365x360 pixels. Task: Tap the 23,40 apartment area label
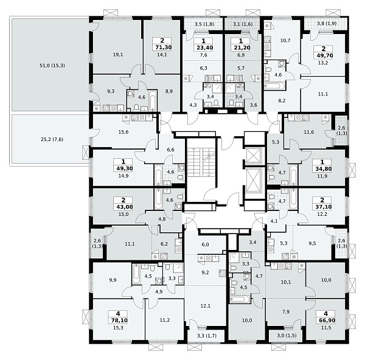(x=203, y=47)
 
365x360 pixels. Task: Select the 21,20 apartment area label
(x=241, y=47)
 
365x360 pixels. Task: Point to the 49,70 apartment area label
(x=324, y=55)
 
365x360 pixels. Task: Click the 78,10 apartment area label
(x=118, y=320)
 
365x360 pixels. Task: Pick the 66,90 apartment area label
(x=325, y=320)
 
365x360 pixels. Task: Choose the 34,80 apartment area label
(x=322, y=169)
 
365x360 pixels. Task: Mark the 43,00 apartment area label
(x=123, y=207)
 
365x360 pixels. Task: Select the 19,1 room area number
(x=118, y=55)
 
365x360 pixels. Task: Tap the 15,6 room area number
(x=123, y=132)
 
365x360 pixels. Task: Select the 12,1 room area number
(x=206, y=306)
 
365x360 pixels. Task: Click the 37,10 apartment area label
(x=322, y=207)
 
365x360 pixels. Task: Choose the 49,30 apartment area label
(x=123, y=168)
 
